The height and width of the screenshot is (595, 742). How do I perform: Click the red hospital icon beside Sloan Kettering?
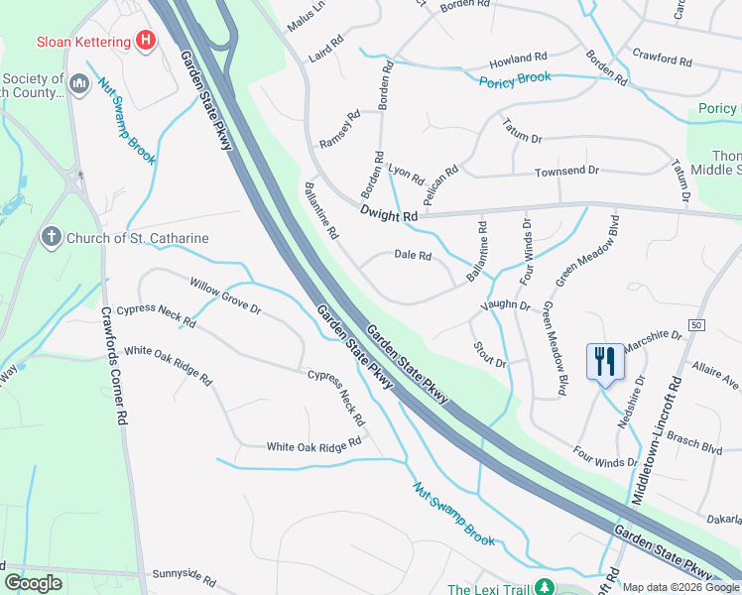point(147,41)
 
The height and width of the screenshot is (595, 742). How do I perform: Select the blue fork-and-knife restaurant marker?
point(604,361)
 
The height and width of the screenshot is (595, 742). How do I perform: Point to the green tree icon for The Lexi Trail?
point(543,588)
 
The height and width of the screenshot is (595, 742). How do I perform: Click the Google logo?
point(34,583)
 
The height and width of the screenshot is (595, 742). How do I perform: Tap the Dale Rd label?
point(413,256)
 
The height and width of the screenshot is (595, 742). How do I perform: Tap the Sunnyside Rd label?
point(184,575)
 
